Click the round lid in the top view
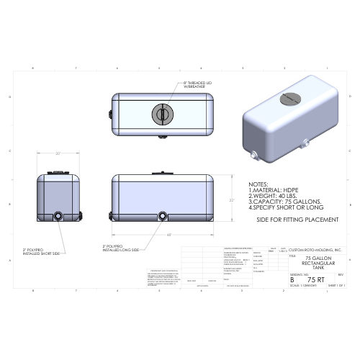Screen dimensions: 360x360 161,114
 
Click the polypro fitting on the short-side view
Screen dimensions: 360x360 59,215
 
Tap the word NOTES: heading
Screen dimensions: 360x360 258,184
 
